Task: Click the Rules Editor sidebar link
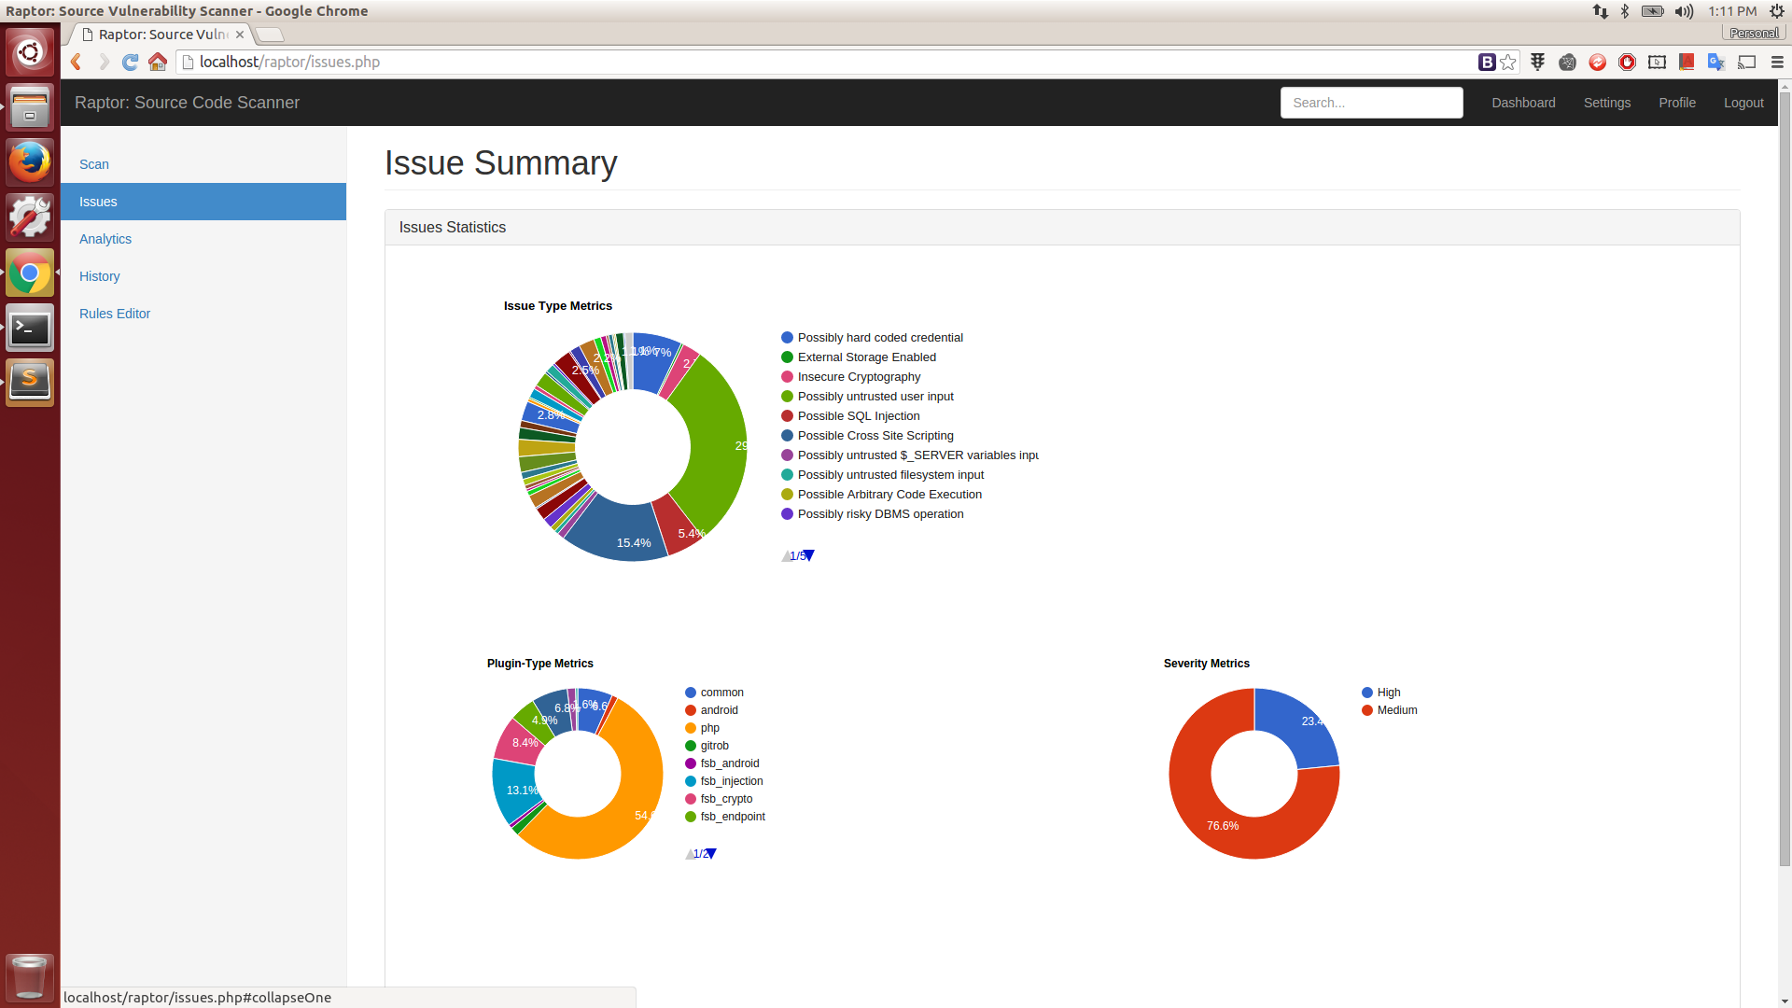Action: (x=115, y=314)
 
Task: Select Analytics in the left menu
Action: (x=105, y=239)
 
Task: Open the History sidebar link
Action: (x=100, y=276)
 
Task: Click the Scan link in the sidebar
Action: (x=94, y=164)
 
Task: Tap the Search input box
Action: (x=1371, y=103)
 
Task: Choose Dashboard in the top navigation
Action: (x=1523, y=103)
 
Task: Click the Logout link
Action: (x=1743, y=103)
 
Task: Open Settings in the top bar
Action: (x=1606, y=103)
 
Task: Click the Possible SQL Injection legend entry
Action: (x=858, y=416)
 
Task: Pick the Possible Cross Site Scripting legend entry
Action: (x=875, y=436)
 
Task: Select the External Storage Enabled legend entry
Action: (x=866, y=357)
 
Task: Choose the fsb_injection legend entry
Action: (x=731, y=781)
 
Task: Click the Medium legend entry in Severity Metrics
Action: (x=1396, y=710)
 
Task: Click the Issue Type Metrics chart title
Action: (x=558, y=306)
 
